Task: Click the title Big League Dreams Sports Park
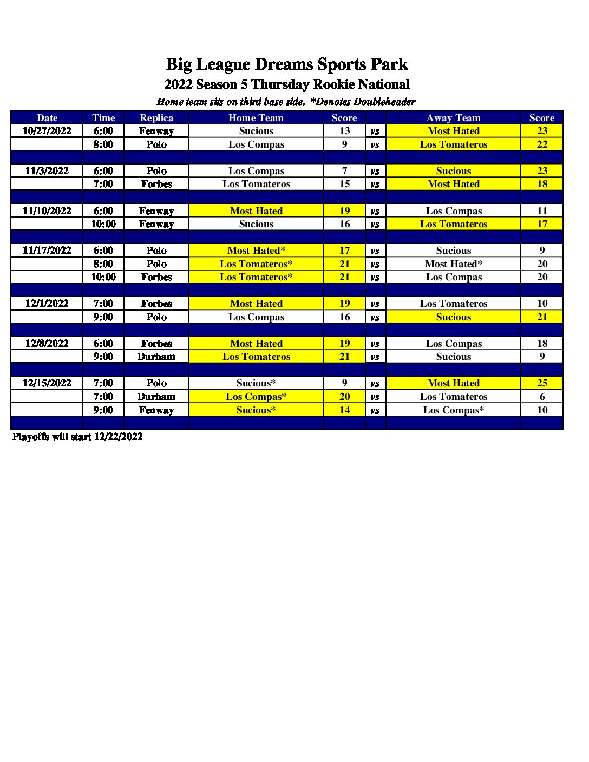pyautogui.click(x=286, y=64)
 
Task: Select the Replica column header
pyautogui.click(x=156, y=118)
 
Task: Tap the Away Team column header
pyautogui.click(x=453, y=118)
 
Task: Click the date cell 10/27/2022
pyautogui.click(x=47, y=131)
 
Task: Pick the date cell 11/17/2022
pyautogui.click(x=47, y=251)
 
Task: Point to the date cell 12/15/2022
pyautogui.click(x=47, y=383)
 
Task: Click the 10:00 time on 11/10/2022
pyautogui.click(x=103, y=224)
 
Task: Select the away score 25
pyautogui.click(x=542, y=383)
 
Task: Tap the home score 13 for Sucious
pyautogui.click(x=344, y=131)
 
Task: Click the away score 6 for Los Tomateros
pyautogui.click(x=542, y=397)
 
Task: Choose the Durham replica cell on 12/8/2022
pyautogui.click(x=156, y=357)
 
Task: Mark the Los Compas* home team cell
pyautogui.click(x=256, y=397)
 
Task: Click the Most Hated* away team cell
pyautogui.click(x=453, y=264)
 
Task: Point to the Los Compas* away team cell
pyautogui.click(x=453, y=410)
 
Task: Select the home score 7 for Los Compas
pyautogui.click(x=344, y=171)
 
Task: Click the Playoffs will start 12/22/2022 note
pyautogui.click(x=77, y=437)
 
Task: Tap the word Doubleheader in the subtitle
pyautogui.click(x=384, y=102)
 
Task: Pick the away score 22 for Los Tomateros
pyautogui.click(x=542, y=144)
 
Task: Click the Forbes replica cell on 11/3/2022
pyautogui.click(x=156, y=184)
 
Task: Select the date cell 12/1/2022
pyautogui.click(x=47, y=304)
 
